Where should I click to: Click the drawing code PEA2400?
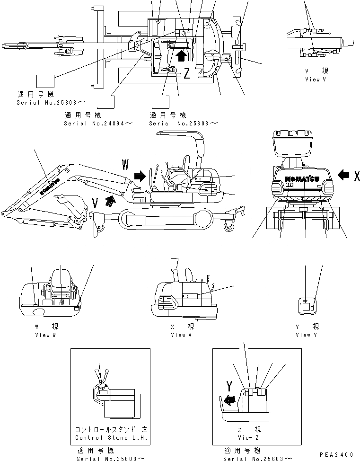(x=337, y=454)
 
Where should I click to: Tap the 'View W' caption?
(x=45, y=335)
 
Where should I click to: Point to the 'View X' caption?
(x=178, y=335)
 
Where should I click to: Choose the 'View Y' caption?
(x=303, y=335)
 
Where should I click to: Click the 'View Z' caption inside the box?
(x=245, y=438)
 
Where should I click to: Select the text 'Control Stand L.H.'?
(x=112, y=438)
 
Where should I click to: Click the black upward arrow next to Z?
(x=180, y=57)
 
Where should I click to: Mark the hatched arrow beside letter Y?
(x=228, y=399)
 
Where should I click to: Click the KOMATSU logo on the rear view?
(x=302, y=179)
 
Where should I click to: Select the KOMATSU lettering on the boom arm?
(x=49, y=186)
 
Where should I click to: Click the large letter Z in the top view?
(x=187, y=73)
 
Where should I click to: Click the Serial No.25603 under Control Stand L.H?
(x=112, y=459)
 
